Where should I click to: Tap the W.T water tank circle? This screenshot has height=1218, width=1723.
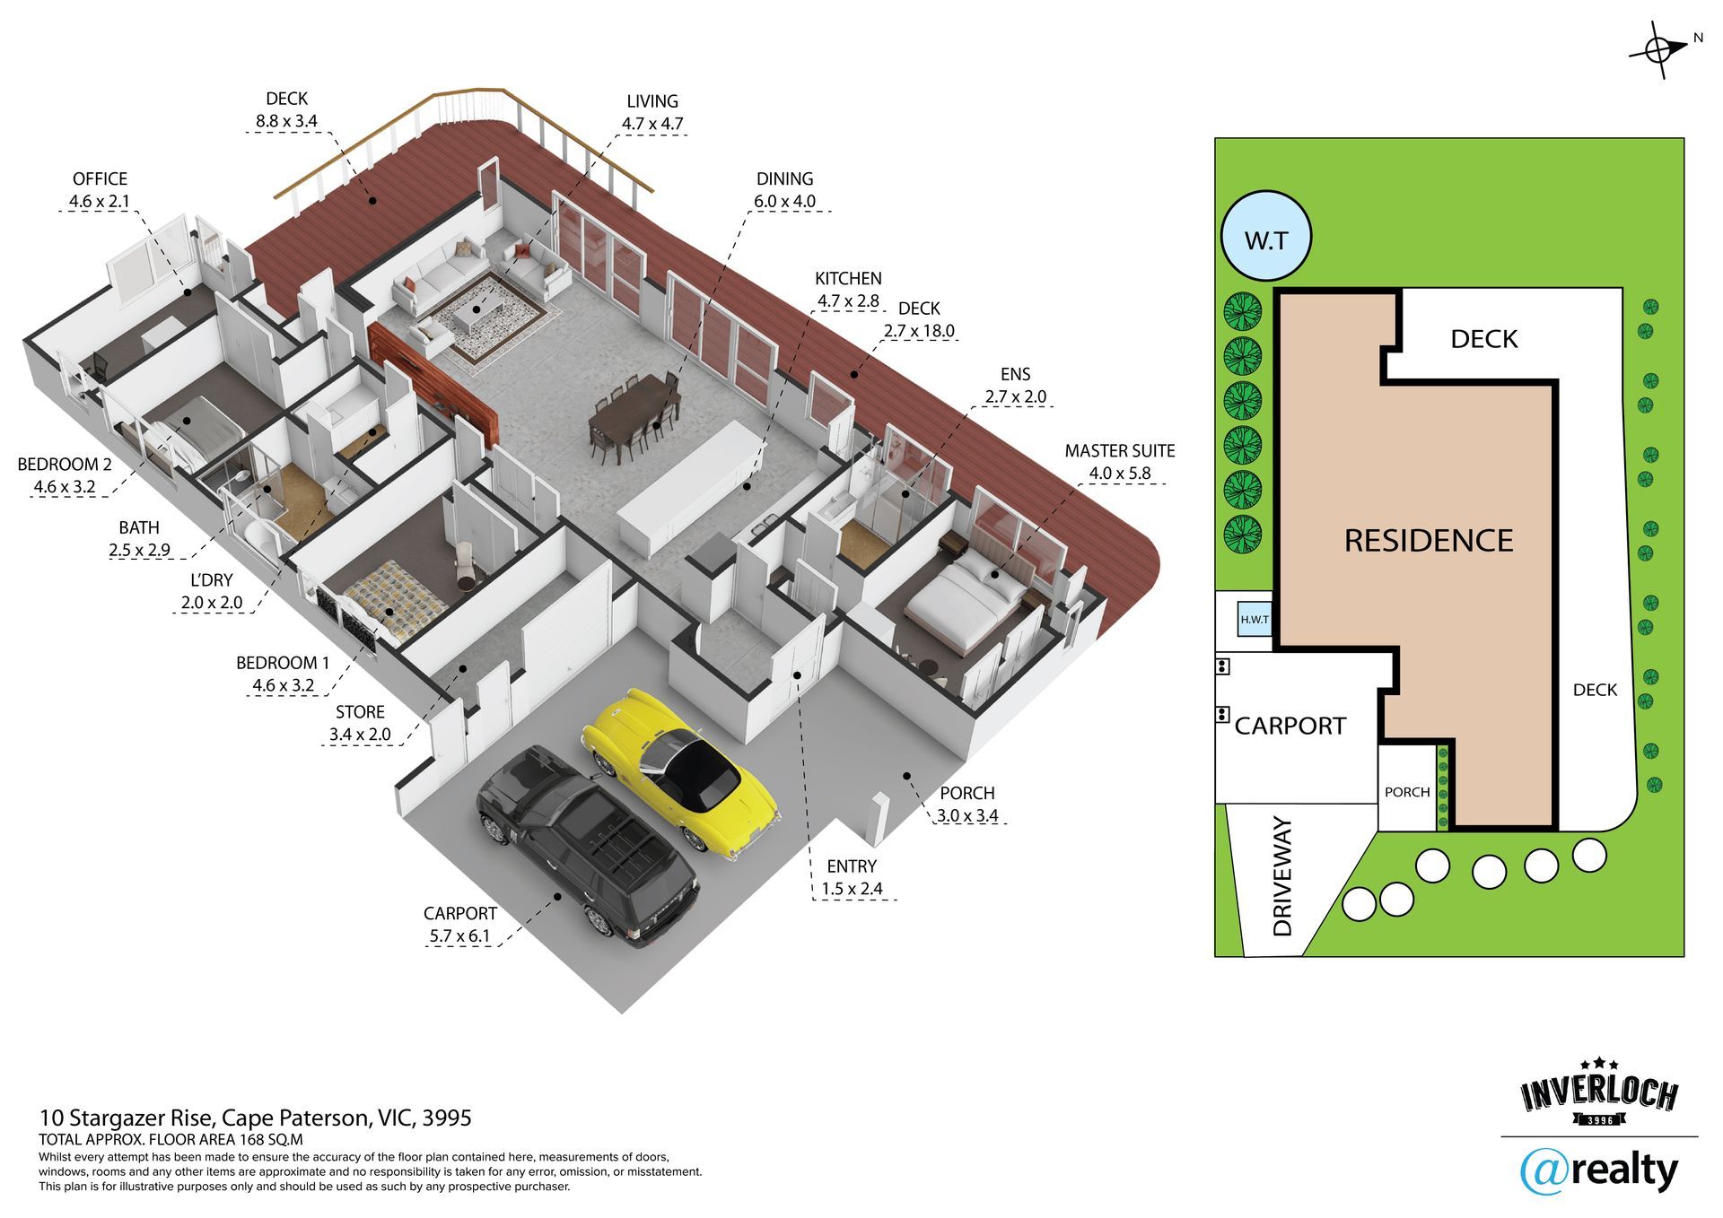pos(1266,237)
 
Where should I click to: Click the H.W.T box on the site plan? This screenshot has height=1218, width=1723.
pos(1255,619)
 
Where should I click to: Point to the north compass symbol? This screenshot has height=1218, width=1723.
pos(1659,50)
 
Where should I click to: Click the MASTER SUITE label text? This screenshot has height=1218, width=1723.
pos(1119,451)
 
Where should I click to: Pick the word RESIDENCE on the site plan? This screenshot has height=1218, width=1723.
pos(1428,541)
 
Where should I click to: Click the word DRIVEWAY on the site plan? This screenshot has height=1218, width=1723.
pos(1282,876)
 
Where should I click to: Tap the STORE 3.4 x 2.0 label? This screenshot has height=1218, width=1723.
pos(360,723)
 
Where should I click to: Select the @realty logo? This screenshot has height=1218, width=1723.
pos(1598,1170)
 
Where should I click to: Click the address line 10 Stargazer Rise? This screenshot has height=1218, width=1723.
pos(255,1118)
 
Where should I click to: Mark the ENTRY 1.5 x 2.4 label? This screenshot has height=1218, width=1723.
pos(852,877)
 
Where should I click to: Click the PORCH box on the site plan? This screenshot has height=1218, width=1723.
pos(1406,792)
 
